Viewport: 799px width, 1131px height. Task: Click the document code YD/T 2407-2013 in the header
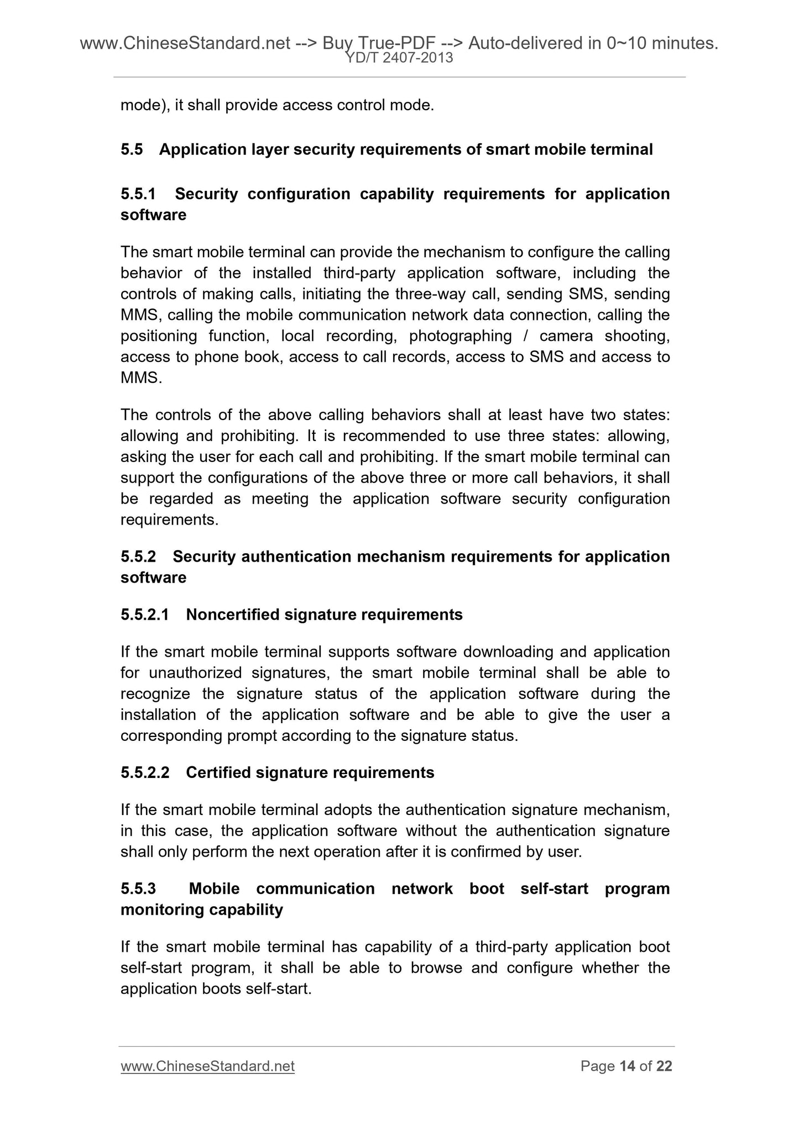point(399,58)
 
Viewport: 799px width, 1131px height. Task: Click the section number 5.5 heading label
point(132,149)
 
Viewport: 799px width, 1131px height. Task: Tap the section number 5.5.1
point(138,194)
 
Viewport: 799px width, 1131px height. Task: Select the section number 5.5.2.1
point(144,615)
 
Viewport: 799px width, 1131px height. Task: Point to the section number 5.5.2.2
point(144,772)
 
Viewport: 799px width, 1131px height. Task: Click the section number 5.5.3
point(138,889)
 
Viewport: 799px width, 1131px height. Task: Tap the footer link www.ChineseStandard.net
point(207,1066)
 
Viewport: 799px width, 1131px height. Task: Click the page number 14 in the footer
point(626,1066)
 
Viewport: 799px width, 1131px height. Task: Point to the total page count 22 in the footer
point(664,1066)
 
